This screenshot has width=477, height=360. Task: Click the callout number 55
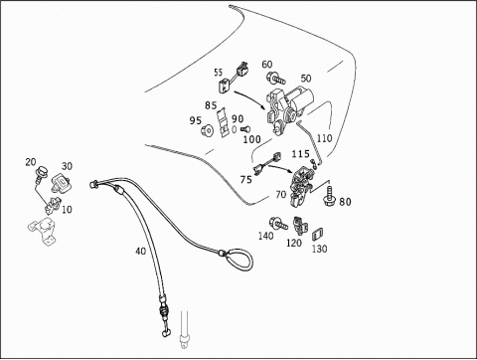point(218,73)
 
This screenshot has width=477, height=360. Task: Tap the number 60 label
point(267,65)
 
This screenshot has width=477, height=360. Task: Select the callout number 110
point(324,138)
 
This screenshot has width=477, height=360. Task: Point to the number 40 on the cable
point(140,251)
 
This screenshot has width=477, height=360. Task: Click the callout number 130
point(319,249)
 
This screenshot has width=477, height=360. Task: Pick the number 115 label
point(300,154)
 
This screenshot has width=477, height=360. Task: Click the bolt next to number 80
point(330,196)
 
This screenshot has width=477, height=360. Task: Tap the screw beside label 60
point(275,79)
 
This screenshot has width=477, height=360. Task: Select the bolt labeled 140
point(278,224)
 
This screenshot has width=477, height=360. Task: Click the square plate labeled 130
point(318,235)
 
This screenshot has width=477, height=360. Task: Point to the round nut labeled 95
point(208,130)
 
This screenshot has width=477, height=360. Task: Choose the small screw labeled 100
point(245,129)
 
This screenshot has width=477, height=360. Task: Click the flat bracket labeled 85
point(224,121)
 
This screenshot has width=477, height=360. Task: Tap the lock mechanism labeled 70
point(301,187)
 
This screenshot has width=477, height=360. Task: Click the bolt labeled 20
point(41,173)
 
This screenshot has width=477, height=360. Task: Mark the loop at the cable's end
point(238,259)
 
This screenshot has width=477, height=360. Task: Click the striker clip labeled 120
point(300,225)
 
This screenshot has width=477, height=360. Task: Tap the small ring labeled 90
point(234,129)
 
